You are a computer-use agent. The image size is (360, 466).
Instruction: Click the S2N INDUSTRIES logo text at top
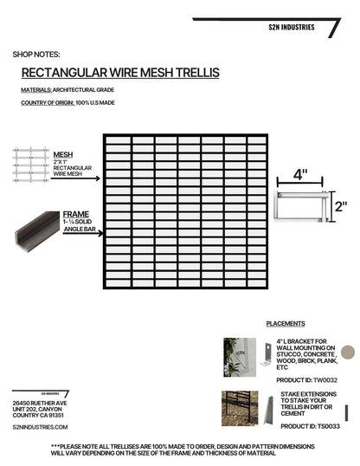[291, 27]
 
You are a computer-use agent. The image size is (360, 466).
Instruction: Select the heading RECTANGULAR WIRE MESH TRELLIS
[120, 72]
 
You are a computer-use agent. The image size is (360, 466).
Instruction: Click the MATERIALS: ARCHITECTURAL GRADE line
[67, 90]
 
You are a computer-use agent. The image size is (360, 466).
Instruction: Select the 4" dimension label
[300, 173]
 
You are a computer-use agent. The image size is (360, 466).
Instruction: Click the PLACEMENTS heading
[286, 323]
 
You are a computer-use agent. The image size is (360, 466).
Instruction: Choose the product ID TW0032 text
[306, 380]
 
